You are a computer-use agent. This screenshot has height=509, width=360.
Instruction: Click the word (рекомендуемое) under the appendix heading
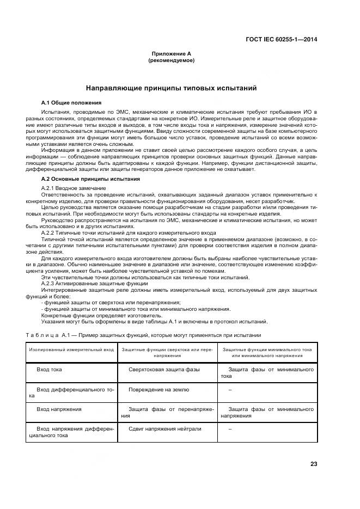pyautogui.click(x=172, y=60)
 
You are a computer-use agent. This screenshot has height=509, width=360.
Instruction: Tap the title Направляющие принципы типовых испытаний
pyautogui.click(x=172, y=88)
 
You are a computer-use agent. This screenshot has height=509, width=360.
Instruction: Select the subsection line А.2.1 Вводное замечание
pyautogui.click(x=74, y=188)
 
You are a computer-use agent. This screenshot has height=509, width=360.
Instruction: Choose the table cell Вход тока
pyautogui.click(x=49, y=370)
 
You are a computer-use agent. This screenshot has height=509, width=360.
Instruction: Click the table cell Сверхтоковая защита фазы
pyautogui.click(x=164, y=370)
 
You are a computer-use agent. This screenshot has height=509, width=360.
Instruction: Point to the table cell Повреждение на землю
pyautogui.click(x=158, y=390)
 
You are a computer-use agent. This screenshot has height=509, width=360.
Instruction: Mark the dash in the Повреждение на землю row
pyautogui.click(x=230, y=390)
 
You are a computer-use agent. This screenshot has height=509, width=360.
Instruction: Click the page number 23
pyautogui.click(x=314, y=464)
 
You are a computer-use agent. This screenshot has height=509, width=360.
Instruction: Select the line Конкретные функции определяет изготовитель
pyautogui.click(x=94, y=315)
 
